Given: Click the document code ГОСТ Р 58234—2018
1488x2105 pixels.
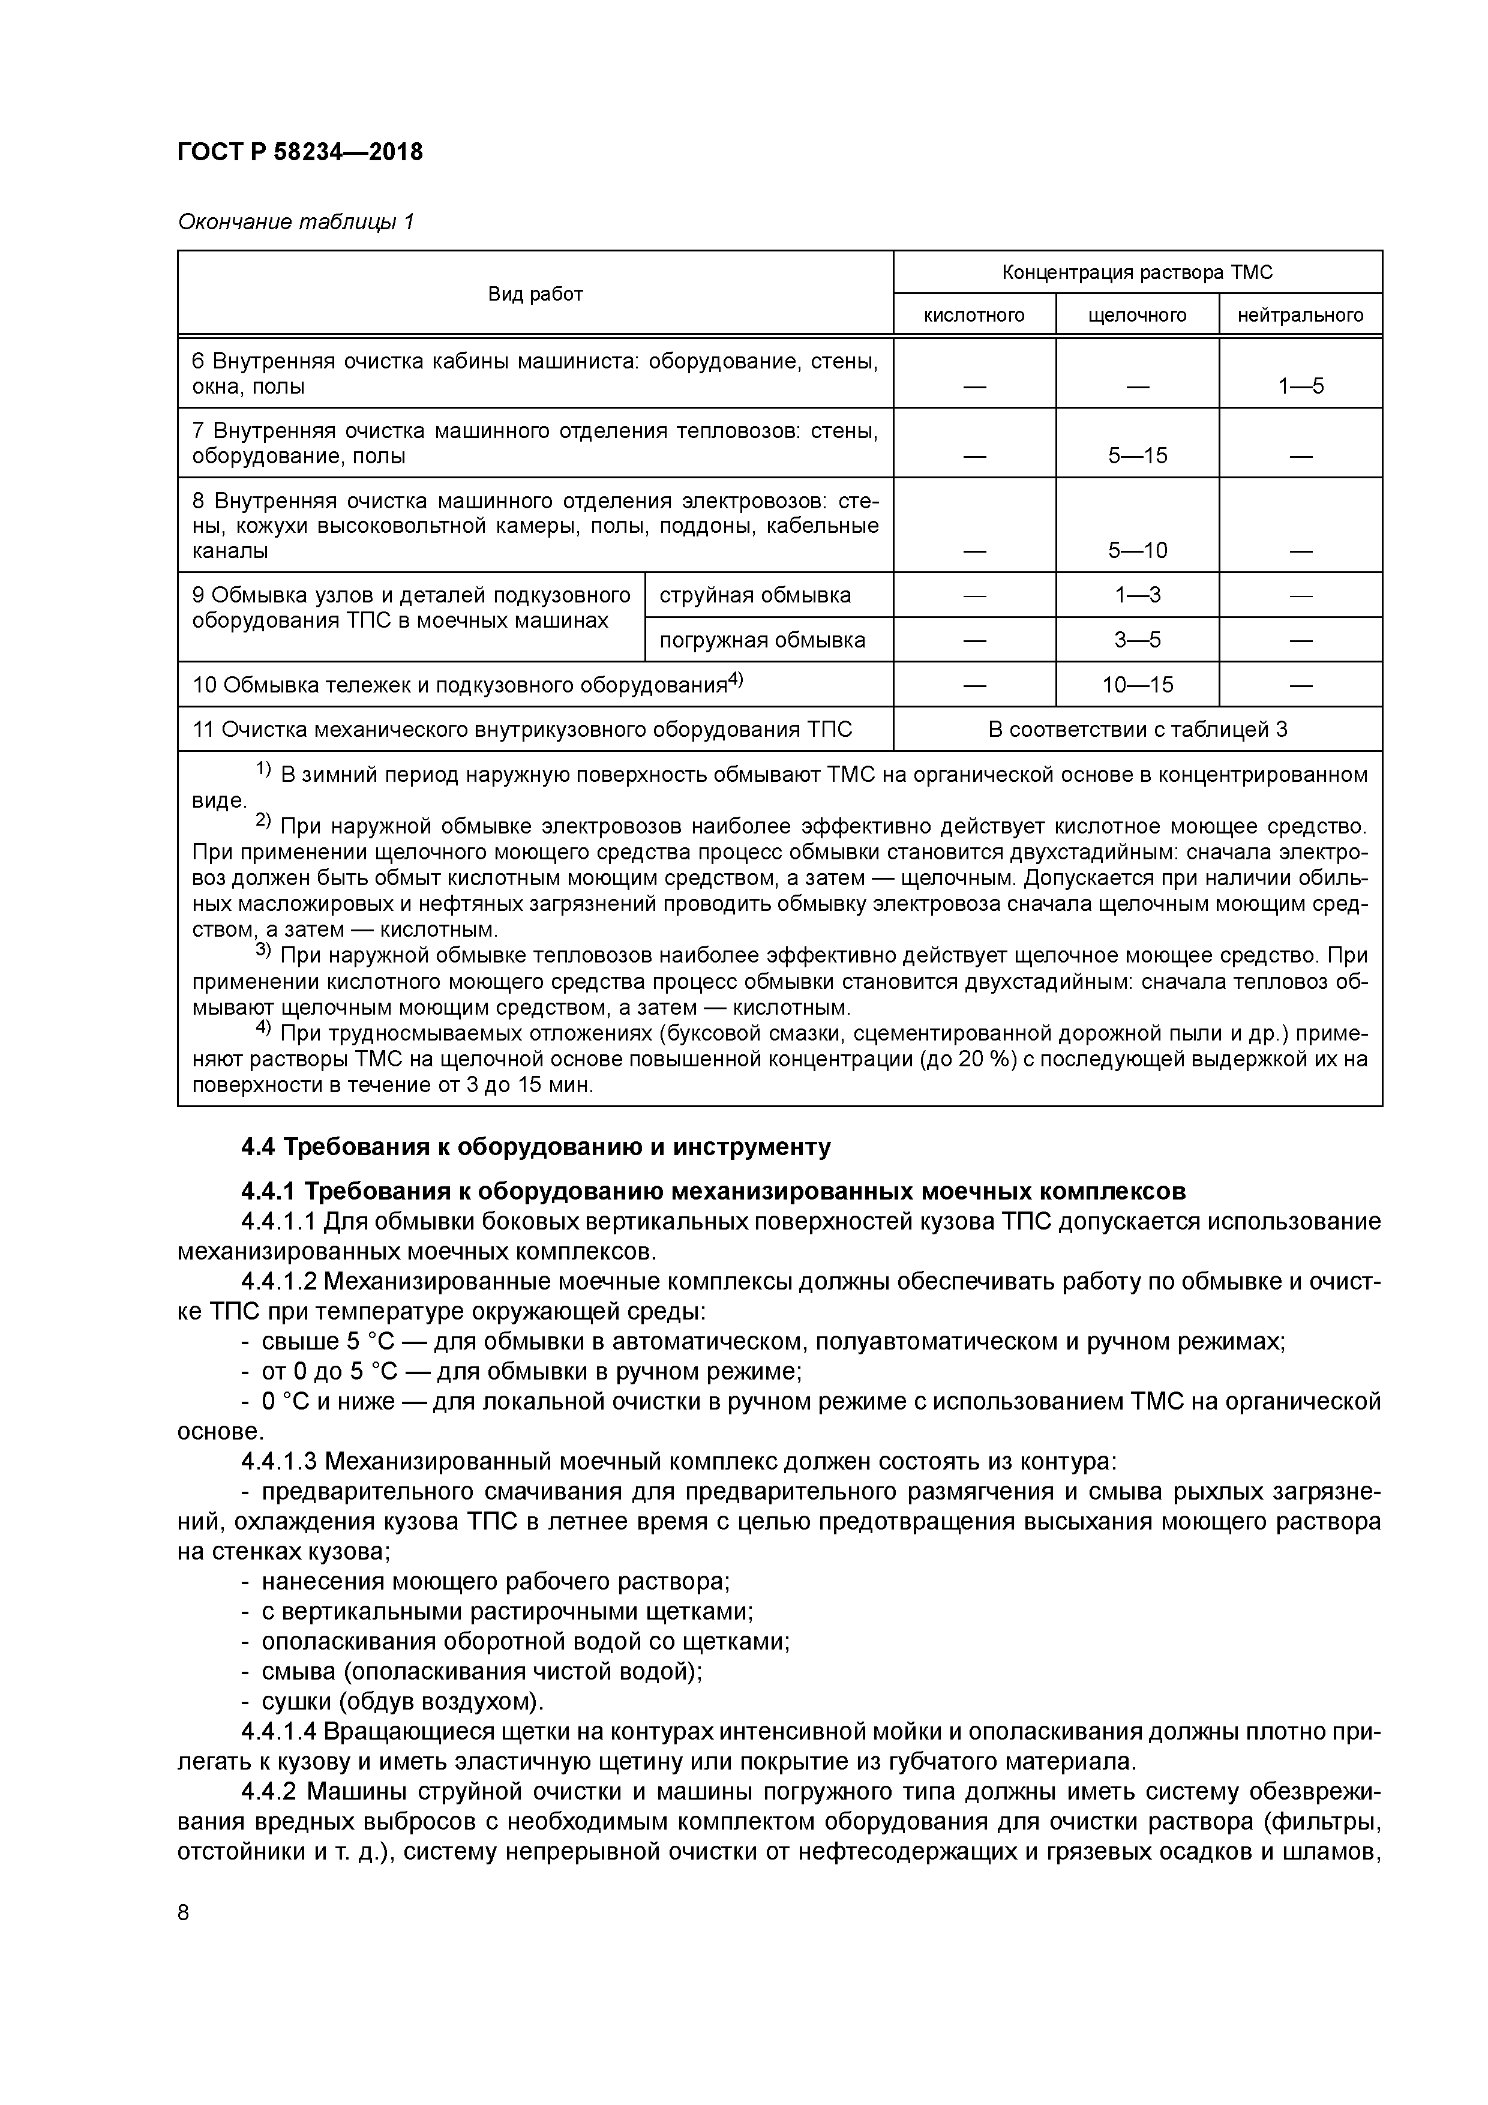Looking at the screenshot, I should pyautogui.click(x=300, y=152).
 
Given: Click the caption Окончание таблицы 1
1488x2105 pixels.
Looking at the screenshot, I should pyautogui.click(x=295, y=222).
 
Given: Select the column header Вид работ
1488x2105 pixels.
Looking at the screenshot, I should pyautogui.click(x=535, y=293).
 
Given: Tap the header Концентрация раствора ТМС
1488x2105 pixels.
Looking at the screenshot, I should pyautogui.click(x=1137, y=272).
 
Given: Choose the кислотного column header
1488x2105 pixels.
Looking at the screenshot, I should pyautogui.click(x=974, y=316).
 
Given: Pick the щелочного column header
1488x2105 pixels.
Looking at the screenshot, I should pyautogui.click(x=1137, y=316).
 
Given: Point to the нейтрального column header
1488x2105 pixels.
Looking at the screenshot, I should pyautogui.click(x=1300, y=316).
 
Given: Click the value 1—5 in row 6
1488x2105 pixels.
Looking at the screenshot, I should pyautogui.click(x=1300, y=386).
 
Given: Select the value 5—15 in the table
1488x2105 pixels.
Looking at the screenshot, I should pyautogui.click(x=1137, y=455).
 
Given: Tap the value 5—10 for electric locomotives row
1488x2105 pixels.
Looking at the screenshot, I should pyautogui.click(x=1137, y=550).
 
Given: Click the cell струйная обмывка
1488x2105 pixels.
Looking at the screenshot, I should pyautogui.click(x=755, y=595).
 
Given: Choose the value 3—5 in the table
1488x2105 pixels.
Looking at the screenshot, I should pyautogui.click(x=1137, y=640).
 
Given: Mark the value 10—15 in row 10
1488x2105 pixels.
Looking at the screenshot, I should pyautogui.click(x=1137, y=685).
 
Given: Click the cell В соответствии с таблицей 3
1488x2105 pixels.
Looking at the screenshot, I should pyautogui.click(x=1137, y=730).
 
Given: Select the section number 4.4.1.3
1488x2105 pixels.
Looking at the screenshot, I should pyautogui.click(x=279, y=1461).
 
